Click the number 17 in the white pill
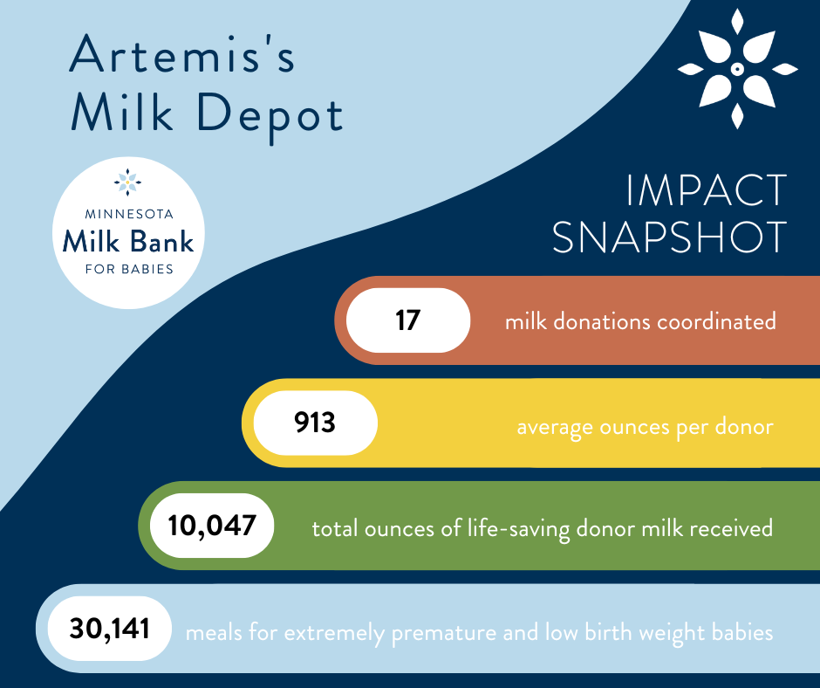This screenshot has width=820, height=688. [x=408, y=320]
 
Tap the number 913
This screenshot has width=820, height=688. [x=315, y=423]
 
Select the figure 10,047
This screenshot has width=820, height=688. [x=212, y=526]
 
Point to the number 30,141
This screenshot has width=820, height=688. [x=109, y=629]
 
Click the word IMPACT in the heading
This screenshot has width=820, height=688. [x=707, y=190]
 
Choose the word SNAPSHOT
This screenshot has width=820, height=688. [x=670, y=237]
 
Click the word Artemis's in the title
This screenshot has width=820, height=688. [x=182, y=54]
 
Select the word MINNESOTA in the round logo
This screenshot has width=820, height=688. [x=129, y=214]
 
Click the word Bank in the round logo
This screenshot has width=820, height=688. [x=161, y=241]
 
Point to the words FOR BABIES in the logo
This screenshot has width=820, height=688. [x=129, y=269]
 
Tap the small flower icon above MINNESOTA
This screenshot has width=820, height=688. [x=127, y=182]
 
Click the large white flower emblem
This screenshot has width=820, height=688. [x=737, y=69]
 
